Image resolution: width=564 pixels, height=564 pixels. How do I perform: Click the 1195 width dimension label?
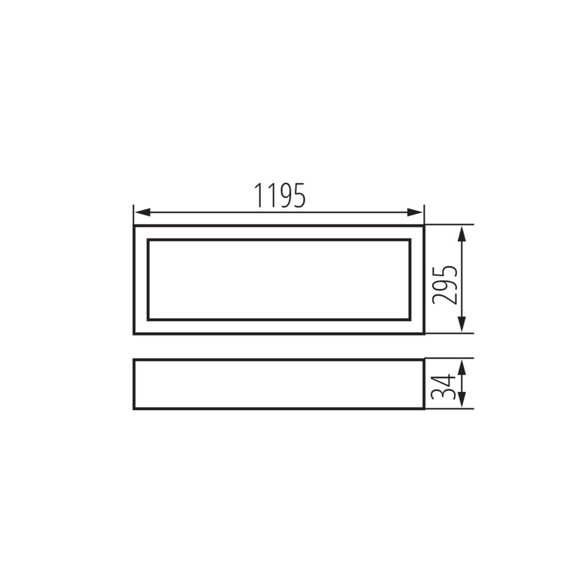pos(280,195)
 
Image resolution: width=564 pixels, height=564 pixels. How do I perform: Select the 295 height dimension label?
pos(445,285)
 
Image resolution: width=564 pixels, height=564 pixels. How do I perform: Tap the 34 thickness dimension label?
pos(443,387)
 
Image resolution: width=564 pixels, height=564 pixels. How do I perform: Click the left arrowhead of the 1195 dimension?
pos(142,212)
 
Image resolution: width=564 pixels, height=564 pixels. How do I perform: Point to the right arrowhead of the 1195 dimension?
pos(415,212)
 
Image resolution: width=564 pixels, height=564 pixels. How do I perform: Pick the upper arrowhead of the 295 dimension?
pos(462,234)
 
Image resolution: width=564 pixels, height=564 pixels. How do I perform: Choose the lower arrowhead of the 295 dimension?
pos(462,324)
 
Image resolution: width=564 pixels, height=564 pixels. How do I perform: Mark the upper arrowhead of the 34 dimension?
pos(462,368)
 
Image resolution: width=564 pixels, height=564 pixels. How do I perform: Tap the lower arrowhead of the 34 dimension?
pos(462,399)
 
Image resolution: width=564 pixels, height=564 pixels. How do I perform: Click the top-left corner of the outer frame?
pos(134,226)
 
